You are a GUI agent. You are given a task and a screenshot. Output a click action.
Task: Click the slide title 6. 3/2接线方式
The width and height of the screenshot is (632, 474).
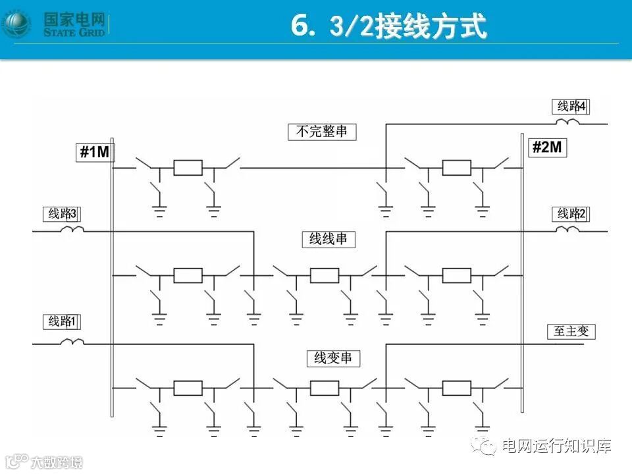[x=388, y=27]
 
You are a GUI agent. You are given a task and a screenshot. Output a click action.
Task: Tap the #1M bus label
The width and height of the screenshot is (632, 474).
[x=95, y=153]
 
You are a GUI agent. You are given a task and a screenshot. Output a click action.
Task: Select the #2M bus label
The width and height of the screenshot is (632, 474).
[x=547, y=147]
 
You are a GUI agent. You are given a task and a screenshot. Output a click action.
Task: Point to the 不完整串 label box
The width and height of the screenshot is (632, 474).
[x=322, y=132]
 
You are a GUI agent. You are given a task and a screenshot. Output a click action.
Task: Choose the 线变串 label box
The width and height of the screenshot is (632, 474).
[x=332, y=359]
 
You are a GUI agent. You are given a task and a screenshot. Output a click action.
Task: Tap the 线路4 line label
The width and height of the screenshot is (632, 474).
[x=571, y=106]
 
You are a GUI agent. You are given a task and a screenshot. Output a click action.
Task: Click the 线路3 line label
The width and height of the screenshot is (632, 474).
[x=63, y=214]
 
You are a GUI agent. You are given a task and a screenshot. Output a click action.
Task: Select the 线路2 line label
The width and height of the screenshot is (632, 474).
[x=571, y=214]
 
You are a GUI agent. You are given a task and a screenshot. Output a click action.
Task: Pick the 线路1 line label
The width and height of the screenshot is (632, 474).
[x=63, y=321]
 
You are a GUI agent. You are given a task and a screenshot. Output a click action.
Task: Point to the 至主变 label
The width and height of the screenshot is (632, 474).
[x=571, y=331]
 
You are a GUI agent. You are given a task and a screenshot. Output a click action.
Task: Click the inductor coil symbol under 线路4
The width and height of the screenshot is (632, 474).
[x=567, y=122]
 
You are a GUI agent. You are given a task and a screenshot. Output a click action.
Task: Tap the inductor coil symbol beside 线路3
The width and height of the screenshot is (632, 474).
[x=72, y=230]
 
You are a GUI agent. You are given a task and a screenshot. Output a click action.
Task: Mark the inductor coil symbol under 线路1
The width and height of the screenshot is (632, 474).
[x=72, y=342]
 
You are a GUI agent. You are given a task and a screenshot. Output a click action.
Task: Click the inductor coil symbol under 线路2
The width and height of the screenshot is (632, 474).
[x=567, y=230]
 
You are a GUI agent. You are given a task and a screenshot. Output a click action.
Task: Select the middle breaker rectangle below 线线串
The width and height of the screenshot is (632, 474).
[x=325, y=275]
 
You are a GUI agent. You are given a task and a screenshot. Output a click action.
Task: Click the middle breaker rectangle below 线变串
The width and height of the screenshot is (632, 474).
[x=325, y=388]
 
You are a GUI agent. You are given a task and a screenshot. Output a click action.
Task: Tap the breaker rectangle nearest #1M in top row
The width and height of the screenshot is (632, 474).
[x=188, y=168]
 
